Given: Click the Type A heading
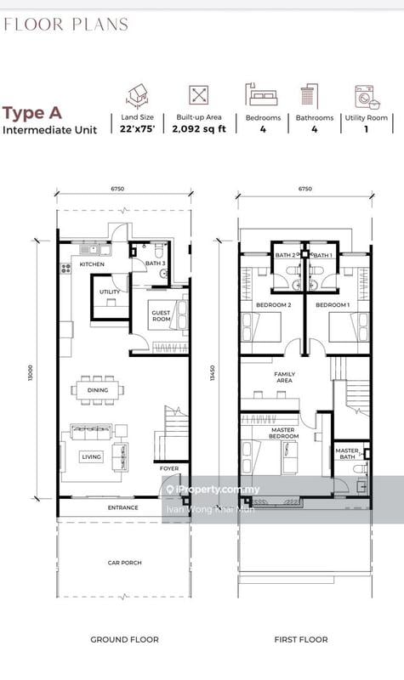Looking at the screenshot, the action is (x=32, y=113).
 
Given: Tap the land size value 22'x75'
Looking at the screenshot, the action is (x=138, y=129).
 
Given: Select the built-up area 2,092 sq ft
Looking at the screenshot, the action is (x=199, y=129).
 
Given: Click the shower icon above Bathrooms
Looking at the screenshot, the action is (x=310, y=95).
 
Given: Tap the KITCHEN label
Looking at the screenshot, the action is (x=92, y=264).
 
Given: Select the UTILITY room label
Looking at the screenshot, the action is (x=110, y=292).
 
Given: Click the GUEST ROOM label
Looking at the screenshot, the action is (x=161, y=315).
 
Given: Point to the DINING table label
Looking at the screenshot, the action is (x=98, y=390).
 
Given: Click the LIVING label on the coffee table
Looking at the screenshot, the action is (x=92, y=456).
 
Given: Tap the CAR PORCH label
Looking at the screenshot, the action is (x=124, y=563).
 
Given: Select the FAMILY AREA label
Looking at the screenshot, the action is (x=285, y=377).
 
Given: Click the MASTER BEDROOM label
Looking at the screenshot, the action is (x=284, y=433).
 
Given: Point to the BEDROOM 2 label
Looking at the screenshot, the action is (x=273, y=305).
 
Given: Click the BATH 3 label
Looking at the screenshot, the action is (x=156, y=263).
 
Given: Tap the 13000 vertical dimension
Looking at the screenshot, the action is (x=30, y=373).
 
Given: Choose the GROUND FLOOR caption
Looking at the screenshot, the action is (x=124, y=639).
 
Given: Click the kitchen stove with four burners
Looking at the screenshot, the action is (x=66, y=269).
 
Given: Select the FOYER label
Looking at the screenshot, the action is (x=169, y=468).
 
